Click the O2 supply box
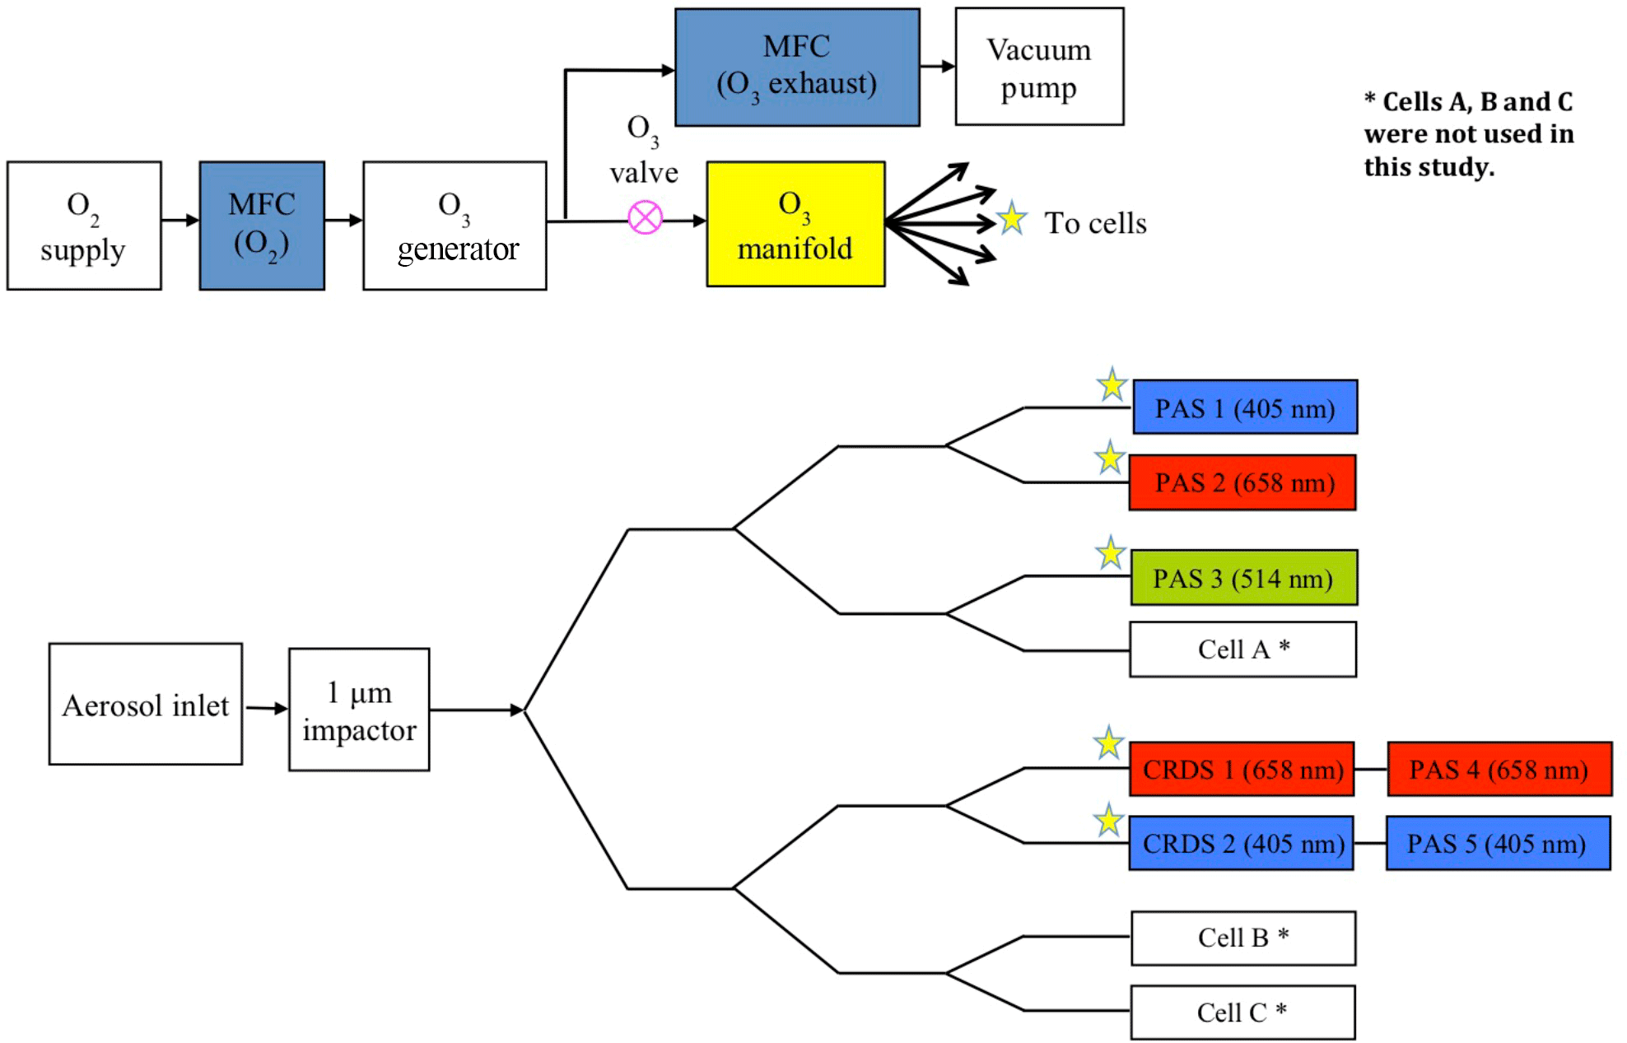point(84,226)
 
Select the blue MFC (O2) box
point(262,226)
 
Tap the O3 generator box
point(455,226)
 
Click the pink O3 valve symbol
point(645,218)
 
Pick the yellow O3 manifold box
point(795,224)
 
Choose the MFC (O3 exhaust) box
point(797,68)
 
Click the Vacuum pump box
point(1039,67)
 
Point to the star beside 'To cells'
point(1011,219)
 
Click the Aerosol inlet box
point(146,704)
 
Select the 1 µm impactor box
point(359,710)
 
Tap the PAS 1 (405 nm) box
point(1245,407)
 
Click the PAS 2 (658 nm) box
point(1242,482)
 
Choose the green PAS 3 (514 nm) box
point(1243,578)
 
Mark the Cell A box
point(1242,650)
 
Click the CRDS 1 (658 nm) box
point(1242,769)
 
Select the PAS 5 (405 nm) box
point(1498,843)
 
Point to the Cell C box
point(1242,1012)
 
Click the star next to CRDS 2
point(1109,821)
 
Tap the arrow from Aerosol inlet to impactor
point(266,708)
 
